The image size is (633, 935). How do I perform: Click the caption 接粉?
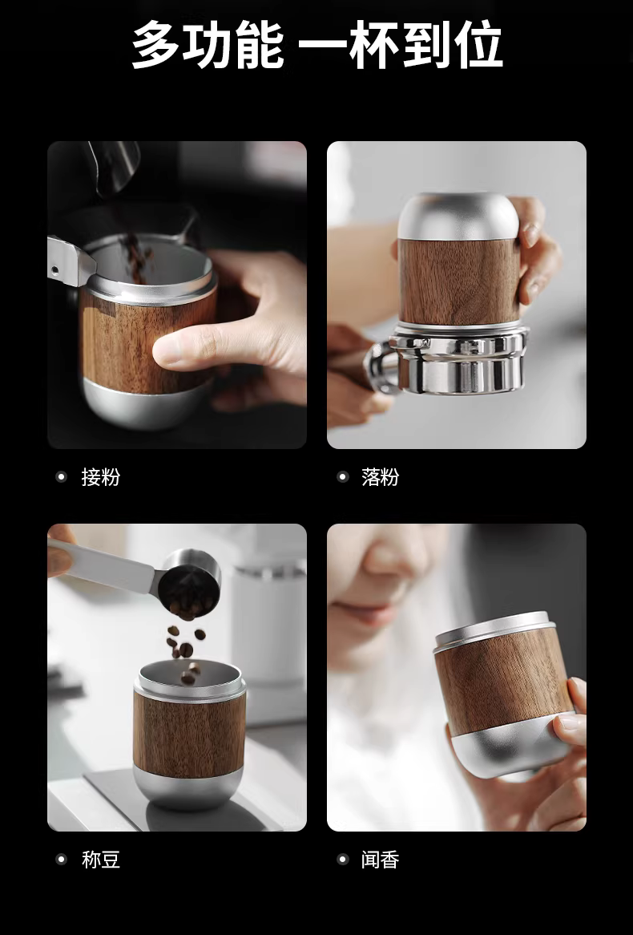pyautogui.click(x=101, y=477)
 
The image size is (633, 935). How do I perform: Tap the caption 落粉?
pyautogui.click(x=381, y=477)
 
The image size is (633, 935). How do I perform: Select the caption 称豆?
pyautogui.click(x=101, y=860)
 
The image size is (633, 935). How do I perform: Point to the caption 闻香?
pyautogui.click(x=381, y=860)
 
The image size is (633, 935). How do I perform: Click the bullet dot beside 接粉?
pyautogui.click(x=61, y=477)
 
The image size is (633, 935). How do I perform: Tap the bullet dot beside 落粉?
pyautogui.click(x=342, y=477)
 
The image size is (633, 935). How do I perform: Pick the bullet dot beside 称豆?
pyautogui.click(x=61, y=860)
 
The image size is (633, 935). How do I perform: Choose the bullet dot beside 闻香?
pyautogui.click(x=342, y=860)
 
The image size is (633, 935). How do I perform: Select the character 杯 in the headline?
pyautogui.click(x=373, y=44)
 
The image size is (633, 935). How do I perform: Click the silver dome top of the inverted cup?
pyautogui.click(x=458, y=217)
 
